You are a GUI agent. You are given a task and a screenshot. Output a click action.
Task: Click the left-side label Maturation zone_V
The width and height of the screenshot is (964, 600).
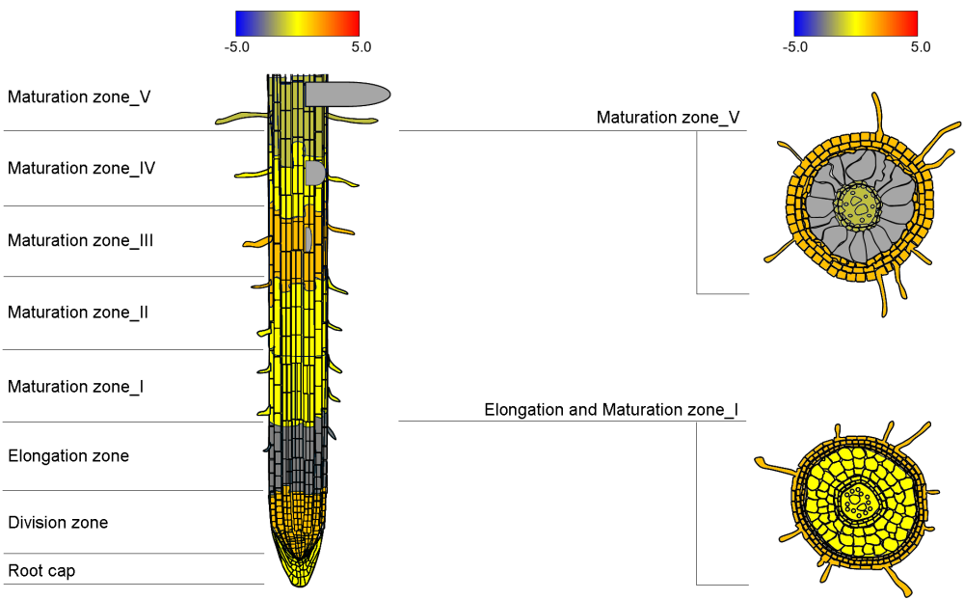click(79, 96)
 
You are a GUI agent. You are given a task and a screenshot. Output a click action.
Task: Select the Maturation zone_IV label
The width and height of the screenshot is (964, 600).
click(82, 168)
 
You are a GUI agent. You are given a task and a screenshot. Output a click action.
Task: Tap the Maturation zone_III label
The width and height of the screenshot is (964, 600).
click(81, 240)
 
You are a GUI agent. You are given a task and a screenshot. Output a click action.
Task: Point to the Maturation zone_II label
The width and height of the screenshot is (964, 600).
click(78, 313)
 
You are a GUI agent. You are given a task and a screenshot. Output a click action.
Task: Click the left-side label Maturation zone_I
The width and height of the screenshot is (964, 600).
click(76, 387)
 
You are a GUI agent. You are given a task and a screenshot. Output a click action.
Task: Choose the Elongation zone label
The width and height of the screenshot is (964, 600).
click(68, 455)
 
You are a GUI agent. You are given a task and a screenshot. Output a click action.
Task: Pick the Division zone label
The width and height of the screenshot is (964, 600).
click(58, 523)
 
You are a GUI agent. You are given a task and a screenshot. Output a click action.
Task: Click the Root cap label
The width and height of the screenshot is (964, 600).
click(41, 571)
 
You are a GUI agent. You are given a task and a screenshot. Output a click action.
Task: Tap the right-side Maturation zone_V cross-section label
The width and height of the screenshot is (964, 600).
click(668, 118)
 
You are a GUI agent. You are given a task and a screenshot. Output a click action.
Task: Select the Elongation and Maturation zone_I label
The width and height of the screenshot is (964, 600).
click(611, 410)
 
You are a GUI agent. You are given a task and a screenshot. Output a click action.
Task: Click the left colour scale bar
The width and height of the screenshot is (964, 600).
click(297, 23)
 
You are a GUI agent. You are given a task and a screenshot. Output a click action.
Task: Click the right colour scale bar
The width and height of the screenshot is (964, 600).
click(855, 23)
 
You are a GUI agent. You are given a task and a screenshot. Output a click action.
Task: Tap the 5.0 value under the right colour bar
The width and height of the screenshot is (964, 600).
click(921, 46)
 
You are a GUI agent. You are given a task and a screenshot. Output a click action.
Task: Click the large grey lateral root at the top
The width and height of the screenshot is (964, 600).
click(347, 94)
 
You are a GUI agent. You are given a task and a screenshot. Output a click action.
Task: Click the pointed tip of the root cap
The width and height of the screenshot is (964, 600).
click(298, 581)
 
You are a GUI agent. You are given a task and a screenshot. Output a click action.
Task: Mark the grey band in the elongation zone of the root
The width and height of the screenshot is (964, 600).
click(296, 453)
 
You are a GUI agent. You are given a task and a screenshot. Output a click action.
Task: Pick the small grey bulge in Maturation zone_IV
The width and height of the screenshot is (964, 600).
click(314, 173)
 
